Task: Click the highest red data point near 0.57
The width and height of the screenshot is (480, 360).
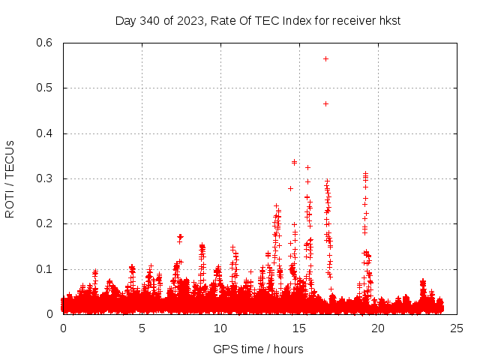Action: [325, 58]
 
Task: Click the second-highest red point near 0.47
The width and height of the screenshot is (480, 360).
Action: [325, 103]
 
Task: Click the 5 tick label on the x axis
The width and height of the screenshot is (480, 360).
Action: [142, 328]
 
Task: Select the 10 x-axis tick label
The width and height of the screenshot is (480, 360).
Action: [220, 328]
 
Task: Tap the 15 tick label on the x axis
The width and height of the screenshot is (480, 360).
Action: [299, 328]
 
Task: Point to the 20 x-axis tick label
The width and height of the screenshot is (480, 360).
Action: [378, 328]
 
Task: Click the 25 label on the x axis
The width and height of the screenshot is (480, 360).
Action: [457, 328]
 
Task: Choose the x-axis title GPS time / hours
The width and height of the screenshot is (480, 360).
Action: [258, 349]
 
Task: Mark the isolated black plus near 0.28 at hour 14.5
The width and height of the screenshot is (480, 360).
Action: [290, 188]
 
